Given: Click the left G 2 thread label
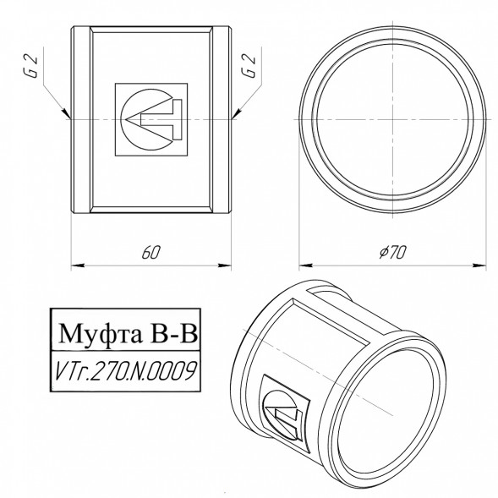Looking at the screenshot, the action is point(31,66).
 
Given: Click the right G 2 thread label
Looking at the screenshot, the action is point(249,66).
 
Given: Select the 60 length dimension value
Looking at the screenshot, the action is point(151,252).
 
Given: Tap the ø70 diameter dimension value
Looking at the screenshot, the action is point(392,252).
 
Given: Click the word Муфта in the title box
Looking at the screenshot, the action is point(101,333).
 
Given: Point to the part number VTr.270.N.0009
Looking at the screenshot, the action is point(125,370).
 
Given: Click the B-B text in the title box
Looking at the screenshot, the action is point(174,333).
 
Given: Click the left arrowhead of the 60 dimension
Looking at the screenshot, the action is point(78,265).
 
